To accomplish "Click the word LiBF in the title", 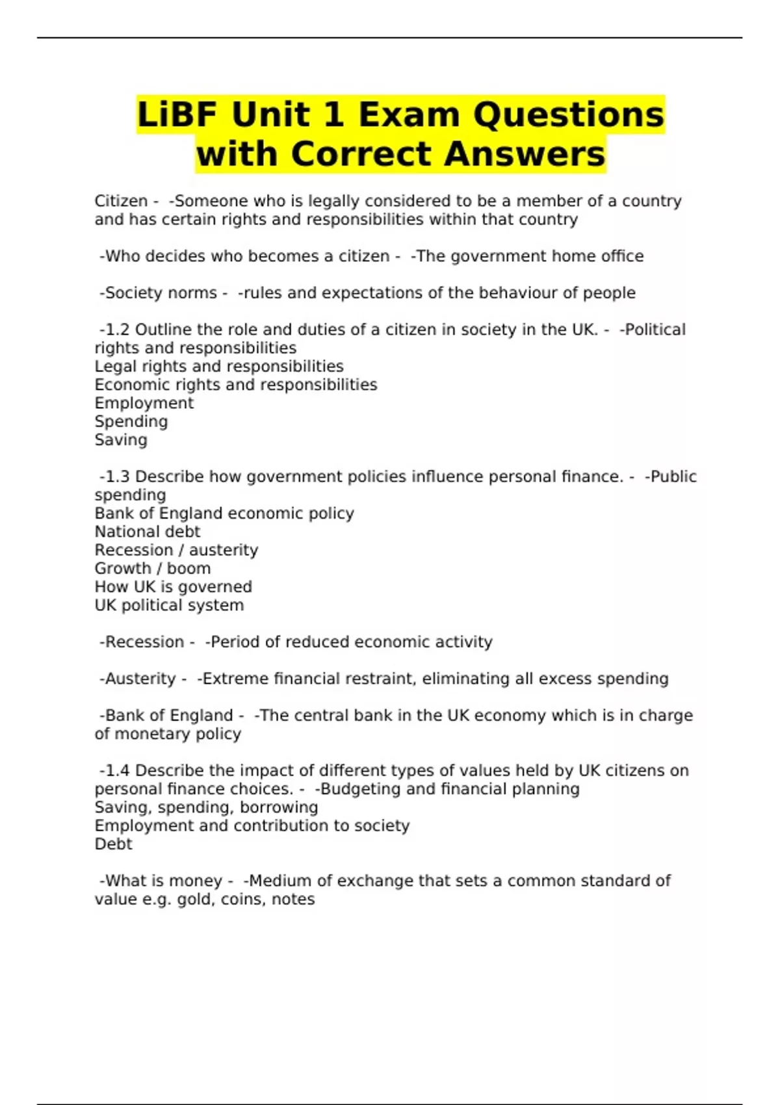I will [177, 115].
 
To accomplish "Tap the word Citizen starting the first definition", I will [121, 201].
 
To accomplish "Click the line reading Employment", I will [144, 403].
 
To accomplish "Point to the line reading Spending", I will [131, 421].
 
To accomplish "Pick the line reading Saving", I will [121, 440].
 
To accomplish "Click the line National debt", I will [148, 532].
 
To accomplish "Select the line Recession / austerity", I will [176, 550].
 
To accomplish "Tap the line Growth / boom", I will [153, 568].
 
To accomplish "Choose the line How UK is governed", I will [173, 587].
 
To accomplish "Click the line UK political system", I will [169, 605].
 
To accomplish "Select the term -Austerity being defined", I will [138, 679].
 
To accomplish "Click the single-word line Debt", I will [113, 844].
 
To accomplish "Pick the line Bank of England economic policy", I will [224, 513].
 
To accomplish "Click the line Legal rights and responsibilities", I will [219, 367].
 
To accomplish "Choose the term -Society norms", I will [158, 293].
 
